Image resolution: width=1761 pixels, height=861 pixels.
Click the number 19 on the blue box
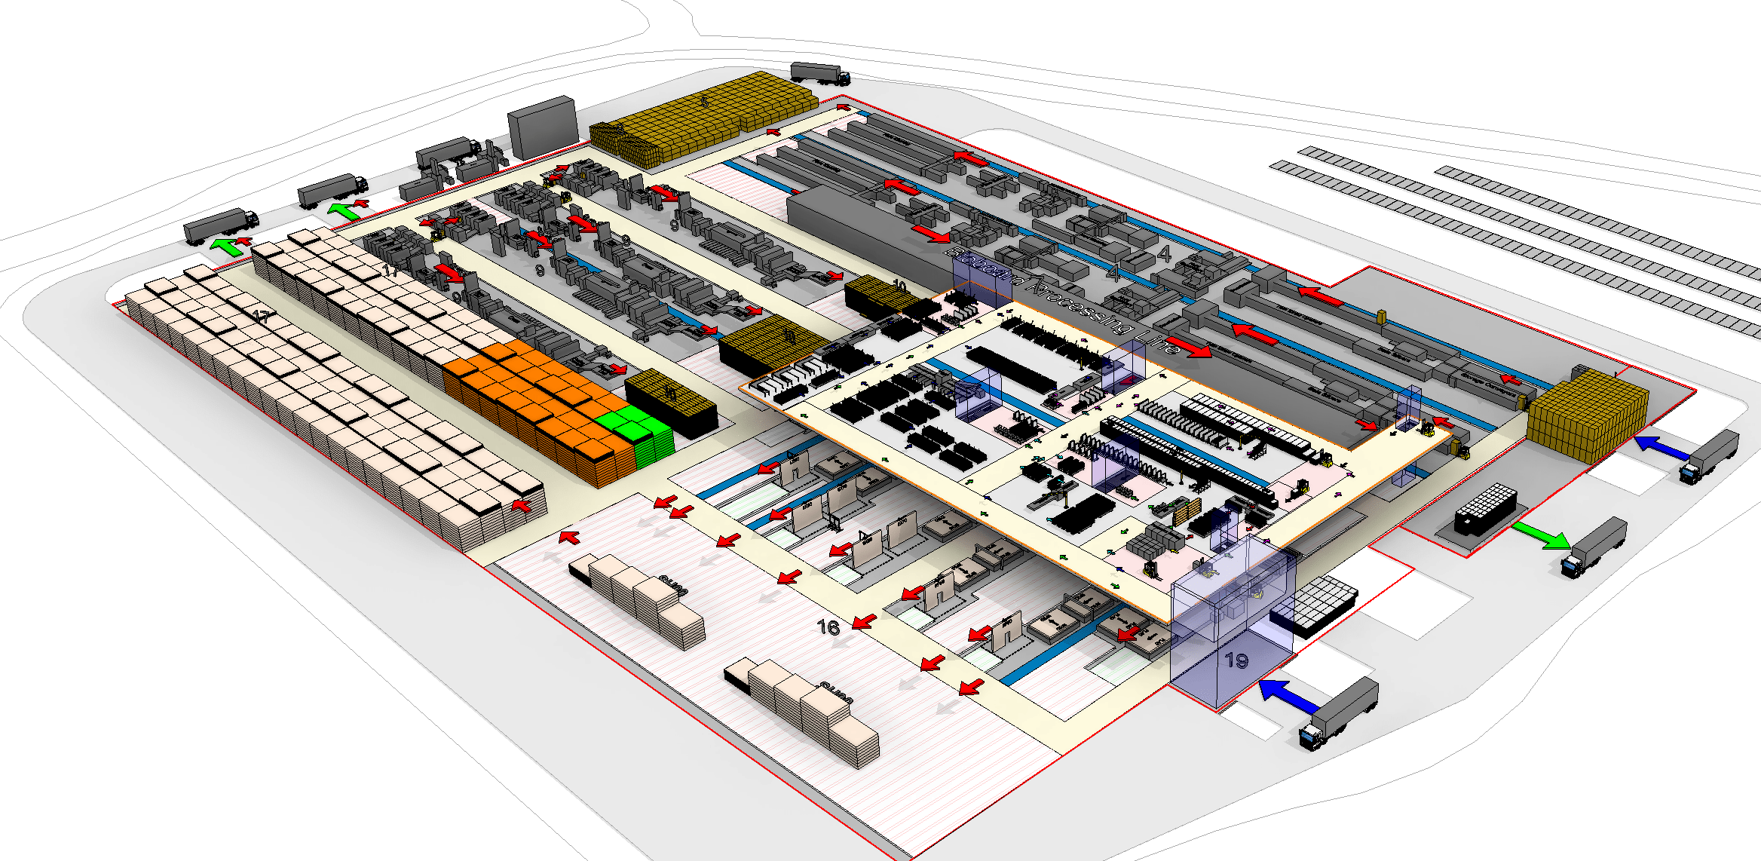1236,661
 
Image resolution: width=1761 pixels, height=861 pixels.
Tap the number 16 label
828,627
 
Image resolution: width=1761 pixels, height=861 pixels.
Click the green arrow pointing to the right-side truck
1541,535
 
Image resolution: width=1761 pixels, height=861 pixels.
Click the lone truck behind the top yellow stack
820,73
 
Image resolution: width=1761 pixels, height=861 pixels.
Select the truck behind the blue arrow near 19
1339,712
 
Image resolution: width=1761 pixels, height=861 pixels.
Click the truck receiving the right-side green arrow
1593,547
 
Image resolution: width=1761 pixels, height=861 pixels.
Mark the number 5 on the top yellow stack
703,100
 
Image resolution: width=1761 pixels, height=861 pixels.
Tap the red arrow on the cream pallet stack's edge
521,505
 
